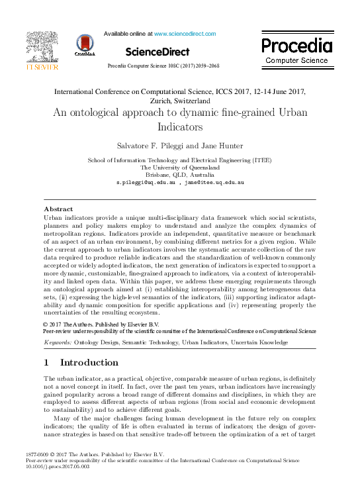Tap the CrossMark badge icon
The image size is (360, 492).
point(85,44)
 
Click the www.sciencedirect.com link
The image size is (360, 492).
point(185,33)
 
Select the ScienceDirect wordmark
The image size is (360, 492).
point(157,51)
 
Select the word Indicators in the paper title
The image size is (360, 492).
point(180,126)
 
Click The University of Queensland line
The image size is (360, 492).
point(179,168)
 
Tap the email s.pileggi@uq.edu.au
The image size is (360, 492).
point(146,181)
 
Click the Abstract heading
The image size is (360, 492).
point(58,209)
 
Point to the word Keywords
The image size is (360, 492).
point(58,342)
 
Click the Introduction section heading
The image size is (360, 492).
point(89,362)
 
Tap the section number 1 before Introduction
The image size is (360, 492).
point(46,362)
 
